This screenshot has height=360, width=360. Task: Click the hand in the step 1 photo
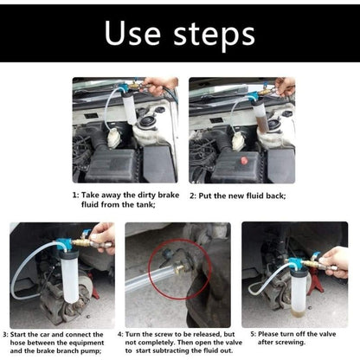(161, 85)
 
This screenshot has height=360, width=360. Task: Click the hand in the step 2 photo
(285, 87)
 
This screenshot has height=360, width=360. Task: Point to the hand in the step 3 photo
(102, 235)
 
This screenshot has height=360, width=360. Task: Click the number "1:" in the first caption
(75, 196)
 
